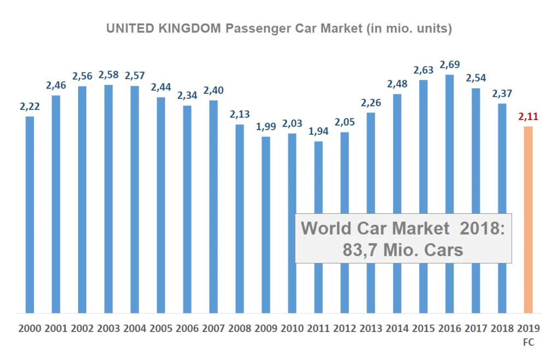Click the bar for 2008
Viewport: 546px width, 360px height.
click(240, 219)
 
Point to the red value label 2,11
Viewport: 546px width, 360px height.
click(528, 116)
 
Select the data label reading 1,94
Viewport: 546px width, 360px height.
click(318, 131)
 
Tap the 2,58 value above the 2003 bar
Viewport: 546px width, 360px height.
click(109, 74)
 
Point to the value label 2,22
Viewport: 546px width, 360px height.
click(30, 107)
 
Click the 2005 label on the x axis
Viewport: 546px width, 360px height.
click(161, 328)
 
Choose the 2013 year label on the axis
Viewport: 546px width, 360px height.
click(371, 328)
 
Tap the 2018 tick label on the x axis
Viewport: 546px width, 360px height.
click(502, 328)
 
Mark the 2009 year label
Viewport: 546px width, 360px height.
click(266, 328)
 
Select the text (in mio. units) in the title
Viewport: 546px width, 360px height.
click(407, 28)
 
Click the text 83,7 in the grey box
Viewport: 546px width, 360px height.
click(358, 250)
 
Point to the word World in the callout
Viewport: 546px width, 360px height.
click(325, 228)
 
